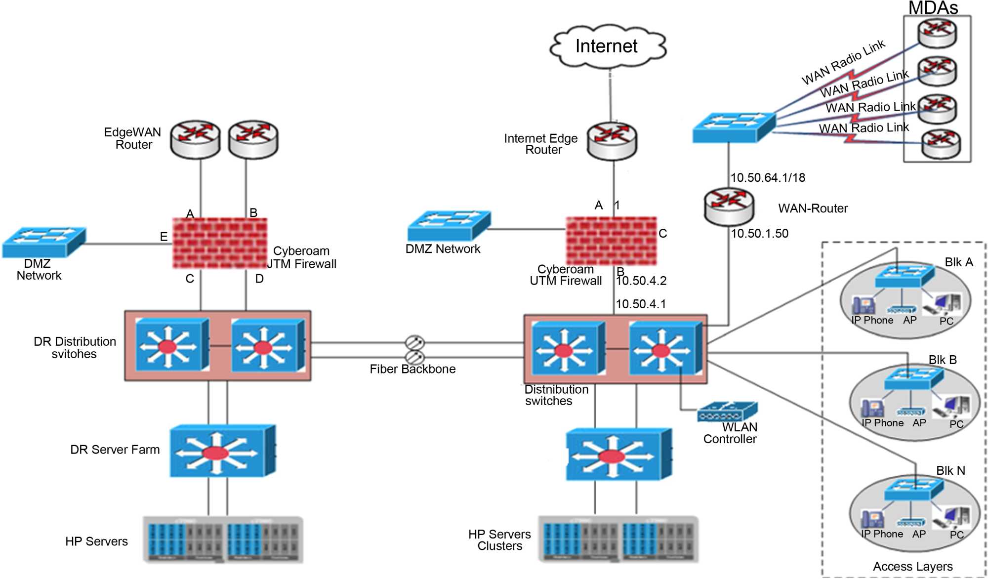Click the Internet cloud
tap(608, 46)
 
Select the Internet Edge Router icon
tap(612, 141)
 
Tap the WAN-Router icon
tap(729, 207)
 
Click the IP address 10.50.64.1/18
tap(768, 178)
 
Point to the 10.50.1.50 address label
tap(760, 234)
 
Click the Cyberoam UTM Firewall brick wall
tap(612, 241)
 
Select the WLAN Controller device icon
tap(727, 412)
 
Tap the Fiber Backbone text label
tap(412, 369)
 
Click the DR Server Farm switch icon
tap(222, 451)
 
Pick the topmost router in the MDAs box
tap(937, 33)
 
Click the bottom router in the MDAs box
tap(941, 144)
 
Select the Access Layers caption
tap(912, 567)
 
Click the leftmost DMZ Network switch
tap(44, 242)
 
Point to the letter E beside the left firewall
tap(164, 237)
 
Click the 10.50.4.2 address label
tap(641, 281)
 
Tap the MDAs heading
tap(933, 8)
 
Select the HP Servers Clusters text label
tap(499, 540)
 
